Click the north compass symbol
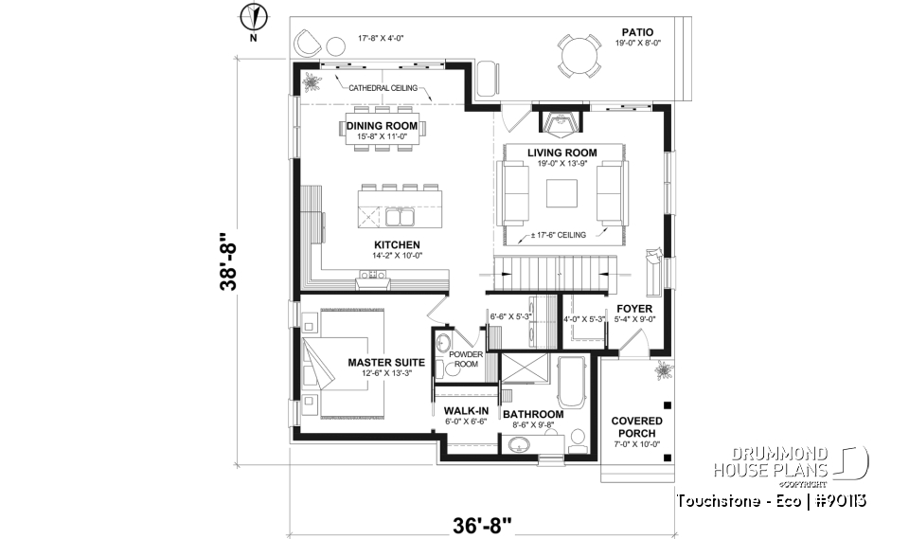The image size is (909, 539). [252, 16]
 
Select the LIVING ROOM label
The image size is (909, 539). [561, 153]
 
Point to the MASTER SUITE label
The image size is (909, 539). [384, 362]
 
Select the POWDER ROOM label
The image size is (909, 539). [466, 360]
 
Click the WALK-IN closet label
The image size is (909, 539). [466, 411]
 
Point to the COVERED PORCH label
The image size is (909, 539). [636, 426]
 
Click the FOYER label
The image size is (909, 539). [634, 308]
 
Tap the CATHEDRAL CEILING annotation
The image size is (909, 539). [384, 88]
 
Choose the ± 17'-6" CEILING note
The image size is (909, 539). [559, 235]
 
